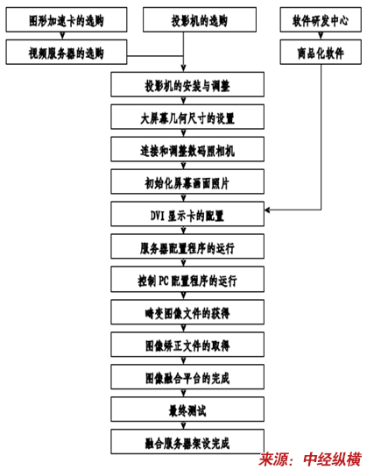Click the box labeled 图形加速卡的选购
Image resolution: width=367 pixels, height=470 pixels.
click(x=67, y=20)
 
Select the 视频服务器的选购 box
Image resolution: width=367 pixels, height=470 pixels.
click(x=67, y=52)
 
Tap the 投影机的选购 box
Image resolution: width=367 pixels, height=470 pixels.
click(x=200, y=20)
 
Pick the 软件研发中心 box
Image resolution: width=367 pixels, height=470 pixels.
click(x=321, y=20)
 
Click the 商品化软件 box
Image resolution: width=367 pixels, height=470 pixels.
click(x=321, y=52)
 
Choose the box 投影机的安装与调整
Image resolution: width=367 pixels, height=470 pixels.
click(x=187, y=84)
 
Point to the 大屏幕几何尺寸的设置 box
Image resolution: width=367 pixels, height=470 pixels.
click(x=187, y=117)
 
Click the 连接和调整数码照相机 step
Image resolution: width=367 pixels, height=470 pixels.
click(x=187, y=149)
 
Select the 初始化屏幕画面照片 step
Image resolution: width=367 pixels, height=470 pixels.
click(x=187, y=182)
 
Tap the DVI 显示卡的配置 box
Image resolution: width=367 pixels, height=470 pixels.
click(x=187, y=214)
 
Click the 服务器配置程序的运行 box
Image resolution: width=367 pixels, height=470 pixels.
click(x=187, y=246)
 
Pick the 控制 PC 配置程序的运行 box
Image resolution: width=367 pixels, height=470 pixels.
click(x=187, y=280)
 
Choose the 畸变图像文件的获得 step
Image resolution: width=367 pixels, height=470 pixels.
click(x=187, y=312)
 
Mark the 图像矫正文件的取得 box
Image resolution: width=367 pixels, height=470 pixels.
click(x=187, y=345)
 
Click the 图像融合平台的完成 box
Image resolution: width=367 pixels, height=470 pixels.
click(x=187, y=377)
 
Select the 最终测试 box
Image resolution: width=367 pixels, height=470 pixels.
click(x=187, y=409)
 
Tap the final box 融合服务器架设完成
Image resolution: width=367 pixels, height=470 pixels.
click(x=187, y=442)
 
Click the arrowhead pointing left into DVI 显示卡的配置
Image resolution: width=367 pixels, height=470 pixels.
click(x=267, y=210)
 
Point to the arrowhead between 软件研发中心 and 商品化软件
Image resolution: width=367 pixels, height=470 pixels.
click(x=321, y=36)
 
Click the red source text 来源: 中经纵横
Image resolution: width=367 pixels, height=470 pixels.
click(x=310, y=459)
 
